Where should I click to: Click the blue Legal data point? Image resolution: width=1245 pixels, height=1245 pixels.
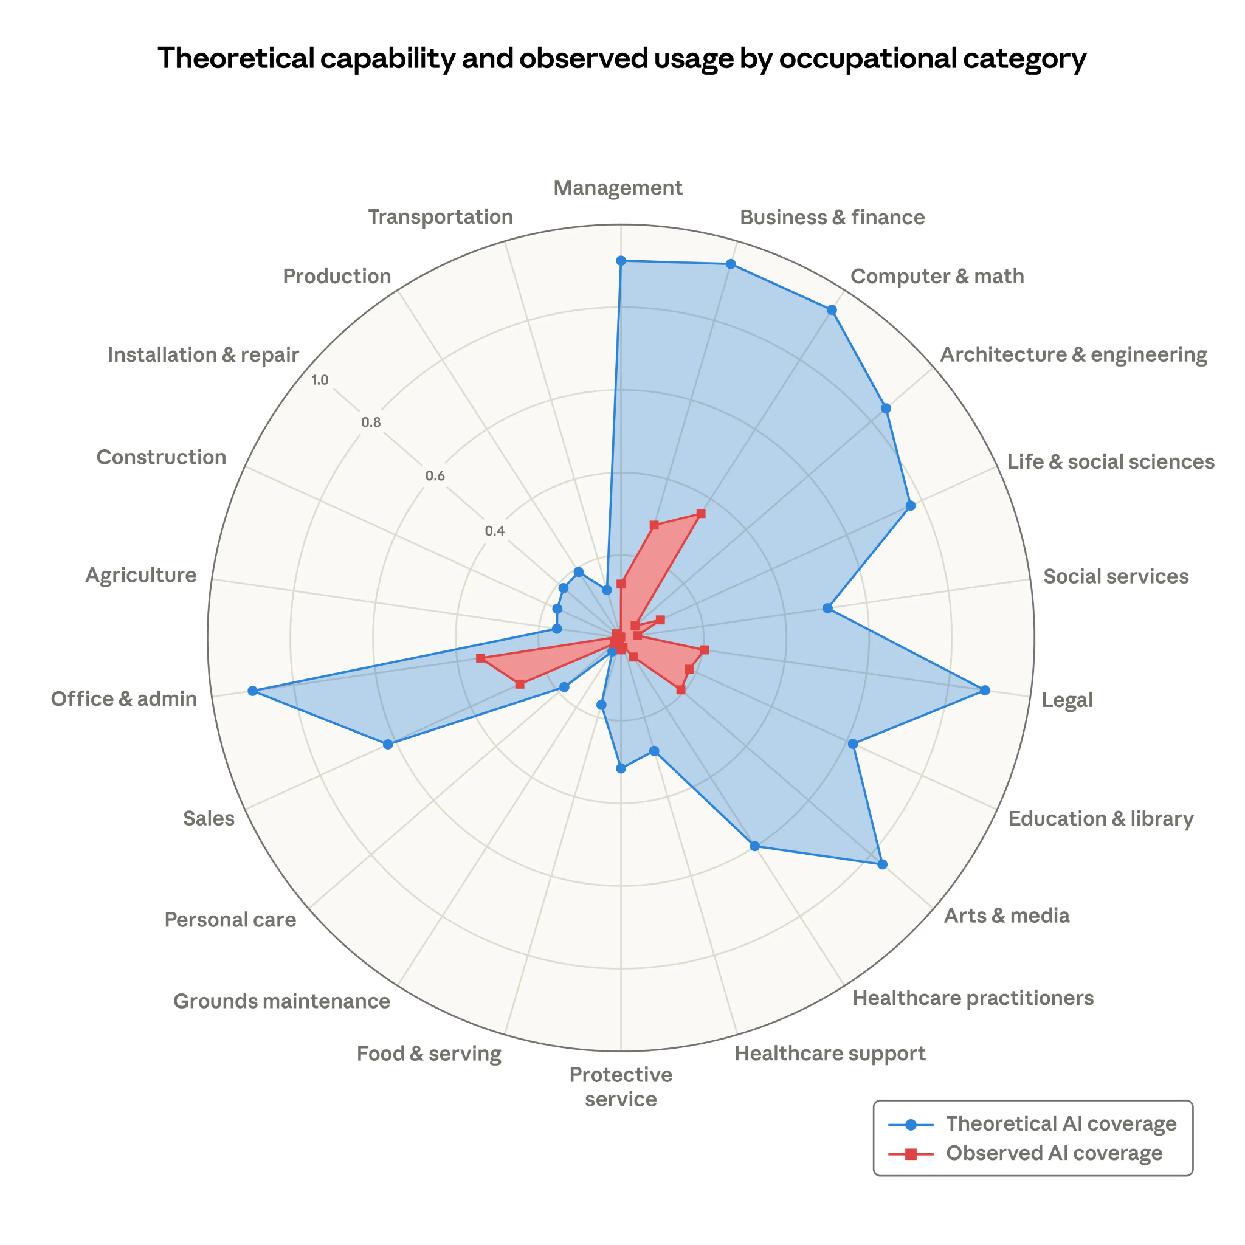[985, 690]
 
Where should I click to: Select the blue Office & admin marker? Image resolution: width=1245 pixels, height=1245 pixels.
[253, 691]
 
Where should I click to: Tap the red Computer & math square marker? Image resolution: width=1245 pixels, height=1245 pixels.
[701, 514]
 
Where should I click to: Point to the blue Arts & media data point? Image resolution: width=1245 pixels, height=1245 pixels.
[882, 864]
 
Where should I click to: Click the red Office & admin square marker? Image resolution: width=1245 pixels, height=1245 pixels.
[480, 658]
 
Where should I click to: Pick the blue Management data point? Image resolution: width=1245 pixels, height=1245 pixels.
[621, 260]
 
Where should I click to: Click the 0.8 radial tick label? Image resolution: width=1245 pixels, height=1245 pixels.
[371, 422]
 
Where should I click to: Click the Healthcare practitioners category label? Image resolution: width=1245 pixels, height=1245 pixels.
[973, 998]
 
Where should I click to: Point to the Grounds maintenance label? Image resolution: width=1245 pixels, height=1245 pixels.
[281, 1001]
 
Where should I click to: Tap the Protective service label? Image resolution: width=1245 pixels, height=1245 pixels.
[621, 1086]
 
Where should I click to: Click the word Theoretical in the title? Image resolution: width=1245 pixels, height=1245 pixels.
[235, 58]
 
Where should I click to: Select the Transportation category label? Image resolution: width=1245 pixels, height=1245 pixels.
[440, 217]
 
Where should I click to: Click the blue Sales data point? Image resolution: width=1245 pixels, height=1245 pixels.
[387, 744]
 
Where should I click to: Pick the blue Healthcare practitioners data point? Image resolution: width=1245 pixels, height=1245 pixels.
[755, 846]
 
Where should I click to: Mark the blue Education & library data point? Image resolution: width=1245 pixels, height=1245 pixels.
[852, 743]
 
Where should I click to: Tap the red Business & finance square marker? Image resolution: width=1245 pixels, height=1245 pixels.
[654, 525]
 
